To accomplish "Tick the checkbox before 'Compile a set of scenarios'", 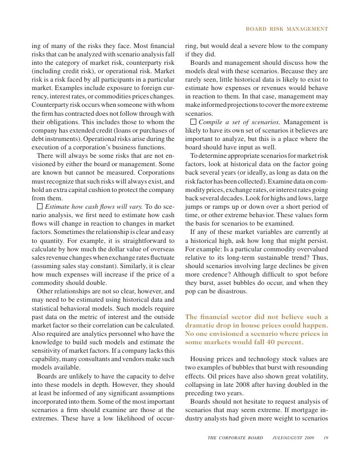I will point(193,122).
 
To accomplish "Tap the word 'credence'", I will point(217,273).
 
